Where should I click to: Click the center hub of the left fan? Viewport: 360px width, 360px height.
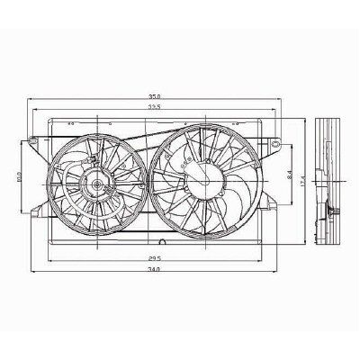94,187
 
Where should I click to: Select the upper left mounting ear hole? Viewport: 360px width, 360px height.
33,141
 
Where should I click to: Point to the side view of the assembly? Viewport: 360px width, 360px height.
330,180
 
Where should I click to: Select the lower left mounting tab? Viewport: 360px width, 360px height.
36,212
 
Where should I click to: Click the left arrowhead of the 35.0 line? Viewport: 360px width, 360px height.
30,98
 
